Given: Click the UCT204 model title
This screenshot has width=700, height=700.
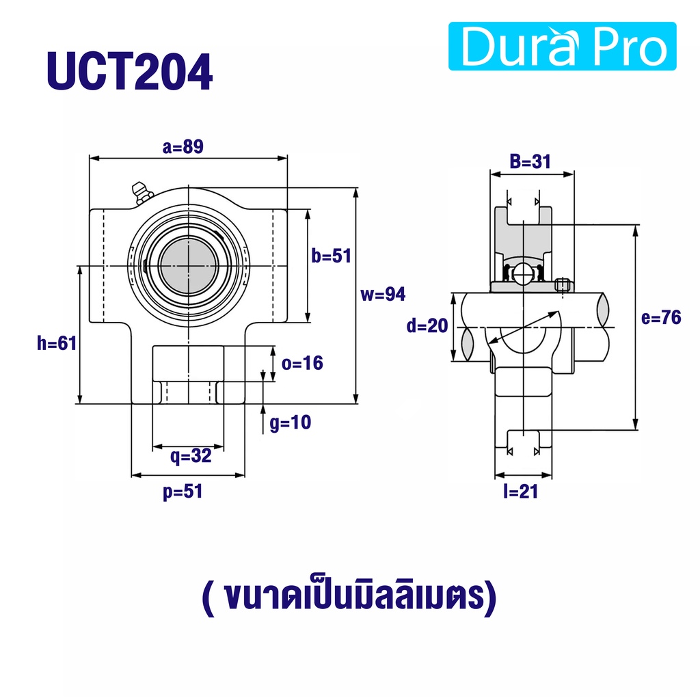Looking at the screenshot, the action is click(x=129, y=71).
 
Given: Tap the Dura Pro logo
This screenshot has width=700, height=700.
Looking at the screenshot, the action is click(x=562, y=46).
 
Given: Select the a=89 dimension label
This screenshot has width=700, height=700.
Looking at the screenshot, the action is click(x=183, y=146).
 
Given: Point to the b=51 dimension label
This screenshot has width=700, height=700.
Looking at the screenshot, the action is click(x=332, y=256).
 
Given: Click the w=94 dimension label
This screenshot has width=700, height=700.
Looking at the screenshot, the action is click(x=383, y=294).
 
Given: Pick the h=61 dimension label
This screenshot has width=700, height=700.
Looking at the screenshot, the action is click(x=57, y=343).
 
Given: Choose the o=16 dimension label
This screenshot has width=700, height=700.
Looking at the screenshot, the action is click(x=302, y=364).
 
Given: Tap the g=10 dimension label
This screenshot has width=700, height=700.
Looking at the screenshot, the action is click(x=290, y=422).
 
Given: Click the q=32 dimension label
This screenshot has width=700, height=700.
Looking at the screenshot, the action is click(x=191, y=456).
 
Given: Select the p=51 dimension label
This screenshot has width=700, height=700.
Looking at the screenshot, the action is click(x=183, y=492).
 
